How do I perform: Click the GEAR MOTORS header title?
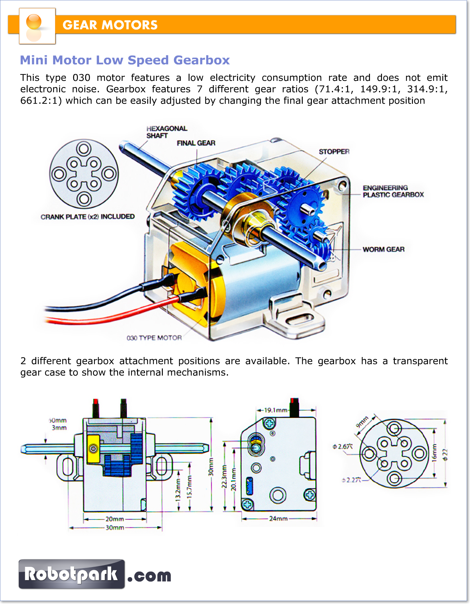coord(110,25)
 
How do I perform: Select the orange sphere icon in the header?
coord(34,22)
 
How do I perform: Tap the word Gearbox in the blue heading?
coord(201,60)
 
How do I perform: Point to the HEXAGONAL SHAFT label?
coord(167,132)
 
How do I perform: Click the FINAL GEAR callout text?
coord(196,143)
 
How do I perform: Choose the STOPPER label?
coord(334,152)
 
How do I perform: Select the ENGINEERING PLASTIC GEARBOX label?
coord(393,191)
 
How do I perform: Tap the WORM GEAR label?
coord(384,249)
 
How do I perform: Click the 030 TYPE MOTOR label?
coord(154,338)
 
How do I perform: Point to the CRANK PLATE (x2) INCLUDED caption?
coord(88,217)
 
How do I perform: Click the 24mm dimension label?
coord(278,518)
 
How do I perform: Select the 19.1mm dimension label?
coord(276,410)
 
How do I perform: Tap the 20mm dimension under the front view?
coord(115,519)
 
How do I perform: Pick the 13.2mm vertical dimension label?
coord(178,490)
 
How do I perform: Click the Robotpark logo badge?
coord(72,574)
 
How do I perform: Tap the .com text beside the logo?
coord(149,576)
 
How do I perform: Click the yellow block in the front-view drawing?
coord(93,448)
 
